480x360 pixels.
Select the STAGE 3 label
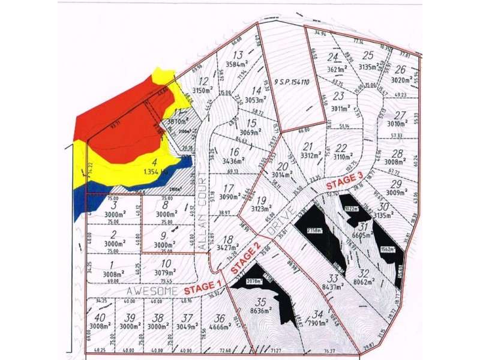click(344, 182)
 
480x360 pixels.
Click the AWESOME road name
click(154, 291)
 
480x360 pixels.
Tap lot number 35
click(260, 302)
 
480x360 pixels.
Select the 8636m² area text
click(261, 313)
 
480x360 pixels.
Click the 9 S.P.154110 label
click(291, 81)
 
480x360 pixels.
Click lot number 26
click(401, 70)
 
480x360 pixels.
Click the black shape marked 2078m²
click(255, 280)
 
